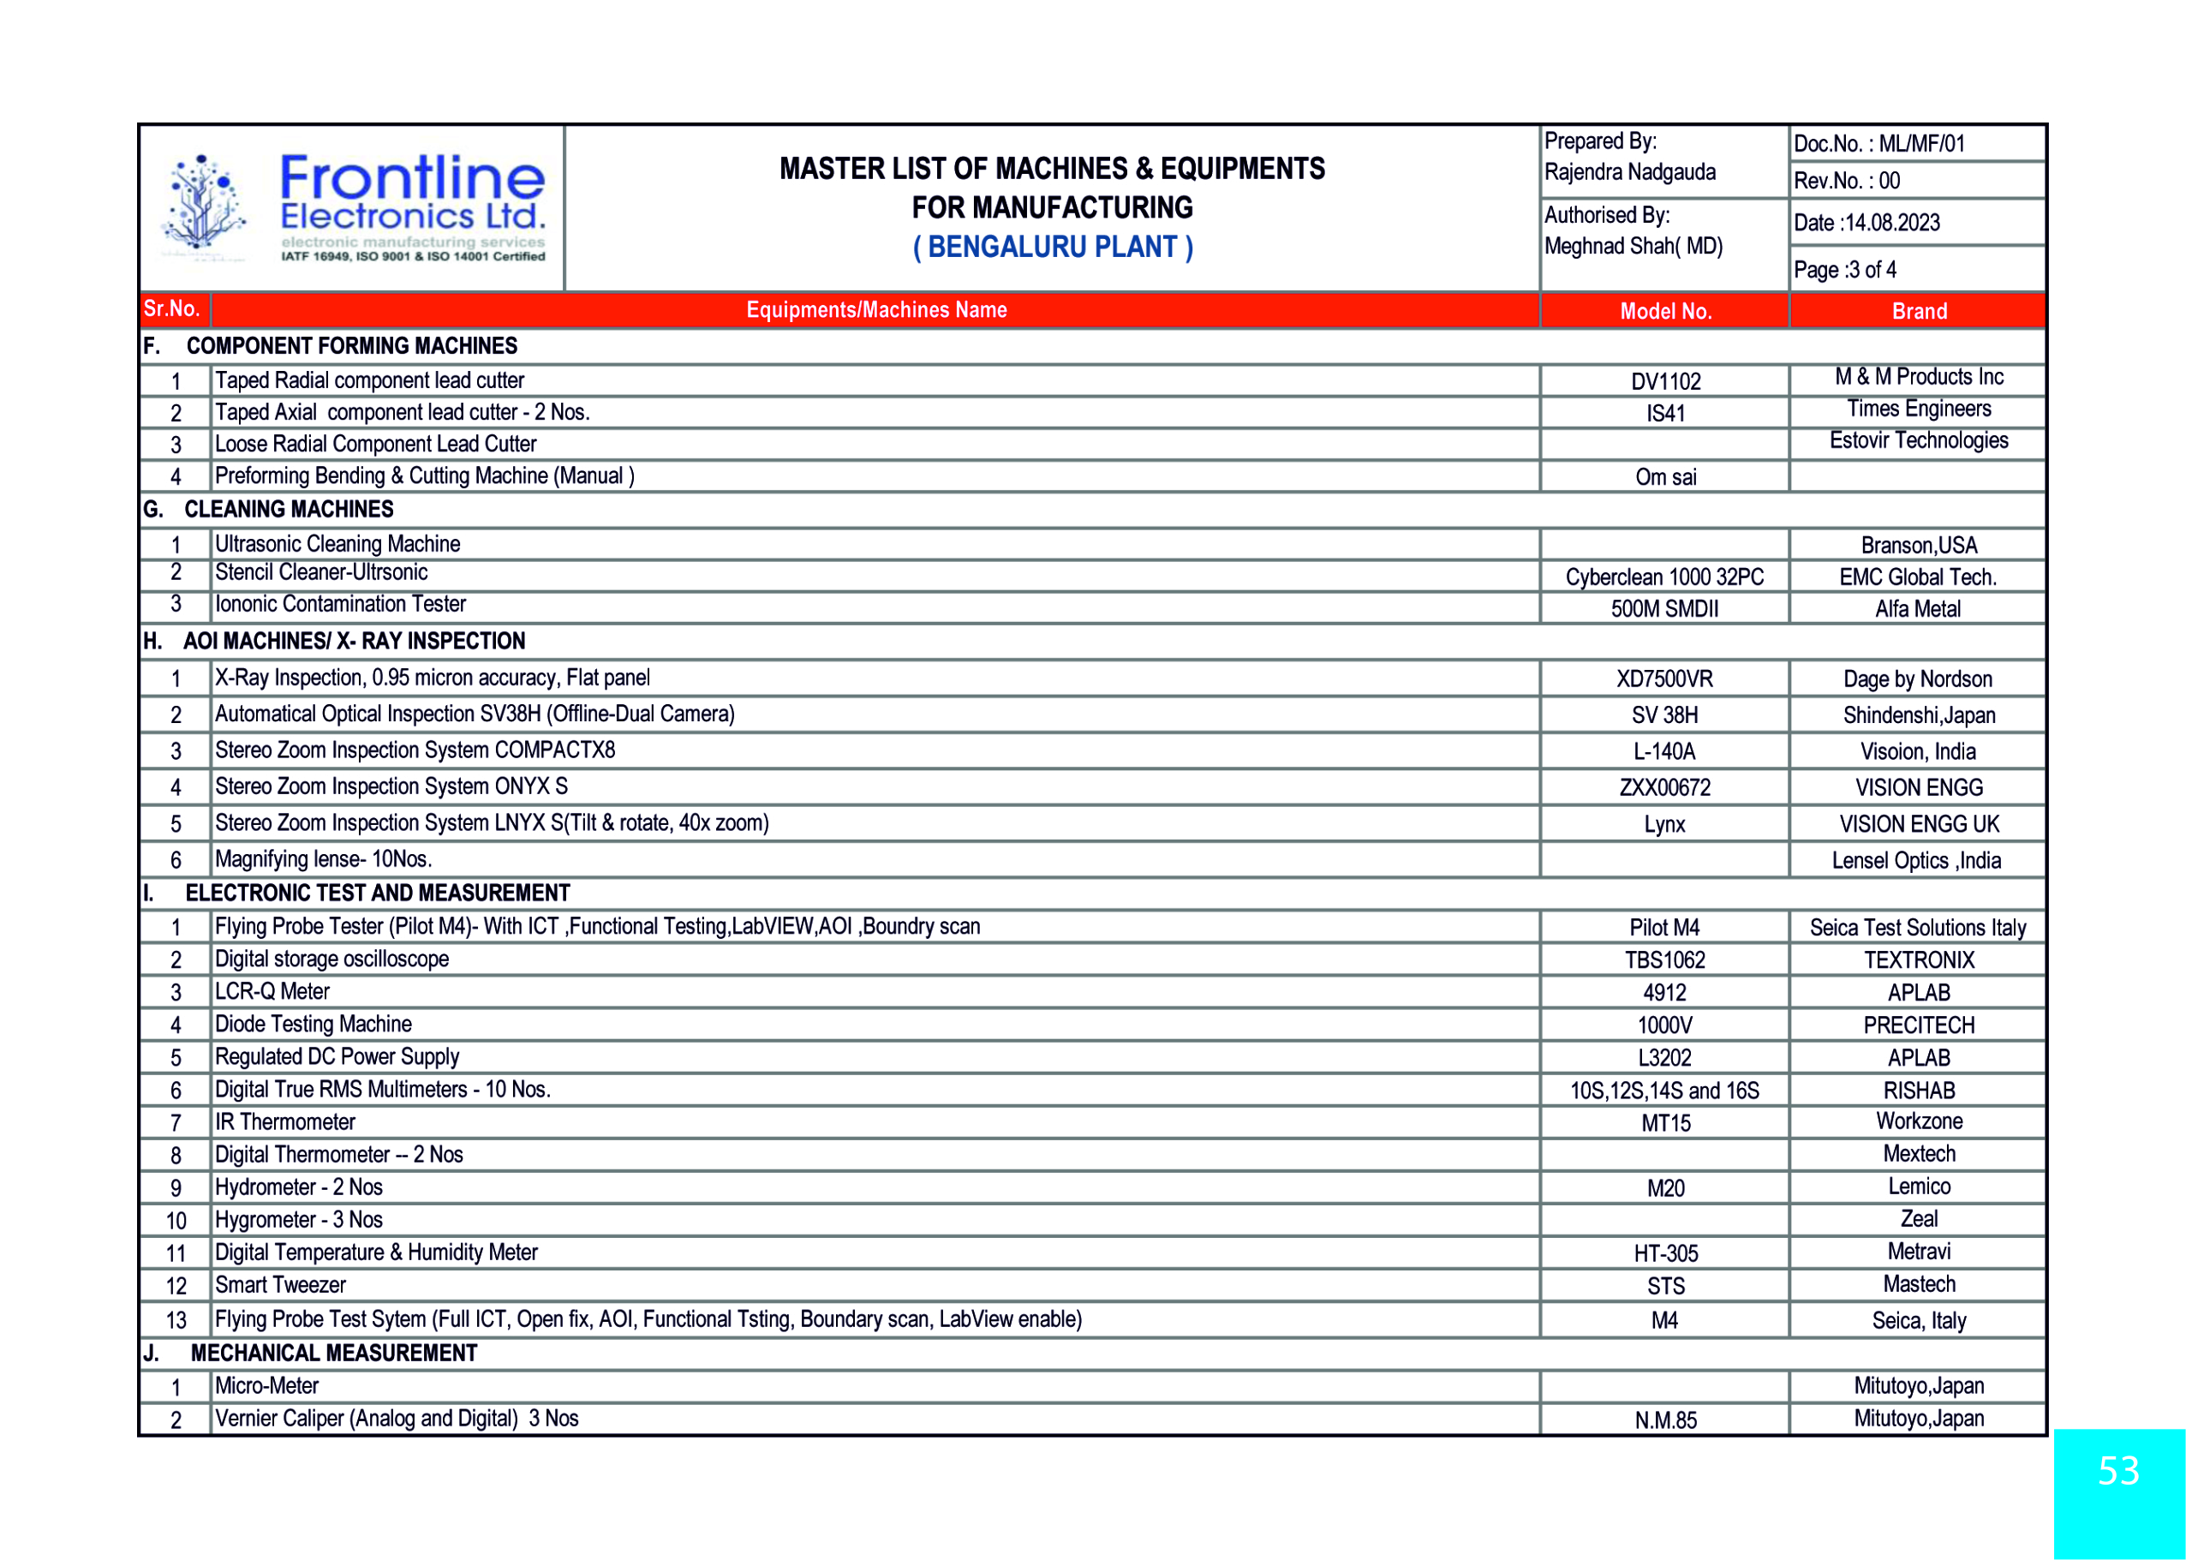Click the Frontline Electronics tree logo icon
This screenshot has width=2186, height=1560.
pyautogui.click(x=204, y=207)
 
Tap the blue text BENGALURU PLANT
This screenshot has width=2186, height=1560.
pyautogui.click(x=1052, y=248)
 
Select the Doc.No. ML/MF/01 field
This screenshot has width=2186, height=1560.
pyautogui.click(x=1878, y=144)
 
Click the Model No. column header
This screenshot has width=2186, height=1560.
pyautogui.click(x=1664, y=311)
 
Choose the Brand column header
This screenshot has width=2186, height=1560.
pyautogui.click(x=1918, y=311)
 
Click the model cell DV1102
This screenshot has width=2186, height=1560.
pyautogui.click(x=1664, y=381)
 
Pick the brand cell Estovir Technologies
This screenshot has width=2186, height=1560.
pyautogui.click(x=1918, y=441)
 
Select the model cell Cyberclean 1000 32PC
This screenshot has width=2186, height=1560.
pyautogui.click(x=1664, y=577)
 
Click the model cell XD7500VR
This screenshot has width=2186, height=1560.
pyautogui.click(x=1664, y=679)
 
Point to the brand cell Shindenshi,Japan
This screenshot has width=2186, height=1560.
pyautogui.click(x=1918, y=715)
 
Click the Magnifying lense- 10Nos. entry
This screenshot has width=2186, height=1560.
pyautogui.click(x=324, y=858)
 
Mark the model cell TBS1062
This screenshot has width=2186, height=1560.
pyautogui.click(x=1664, y=959)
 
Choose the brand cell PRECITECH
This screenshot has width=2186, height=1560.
pyautogui.click(x=1918, y=1025)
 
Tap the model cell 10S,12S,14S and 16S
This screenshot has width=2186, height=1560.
pyautogui.click(x=1664, y=1091)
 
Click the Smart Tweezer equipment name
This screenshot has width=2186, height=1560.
pyautogui.click(x=280, y=1285)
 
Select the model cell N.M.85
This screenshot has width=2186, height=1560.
pyautogui.click(x=1664, y=1420)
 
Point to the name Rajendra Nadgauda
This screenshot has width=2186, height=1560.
pyautogui.click(x=1629, y=173)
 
